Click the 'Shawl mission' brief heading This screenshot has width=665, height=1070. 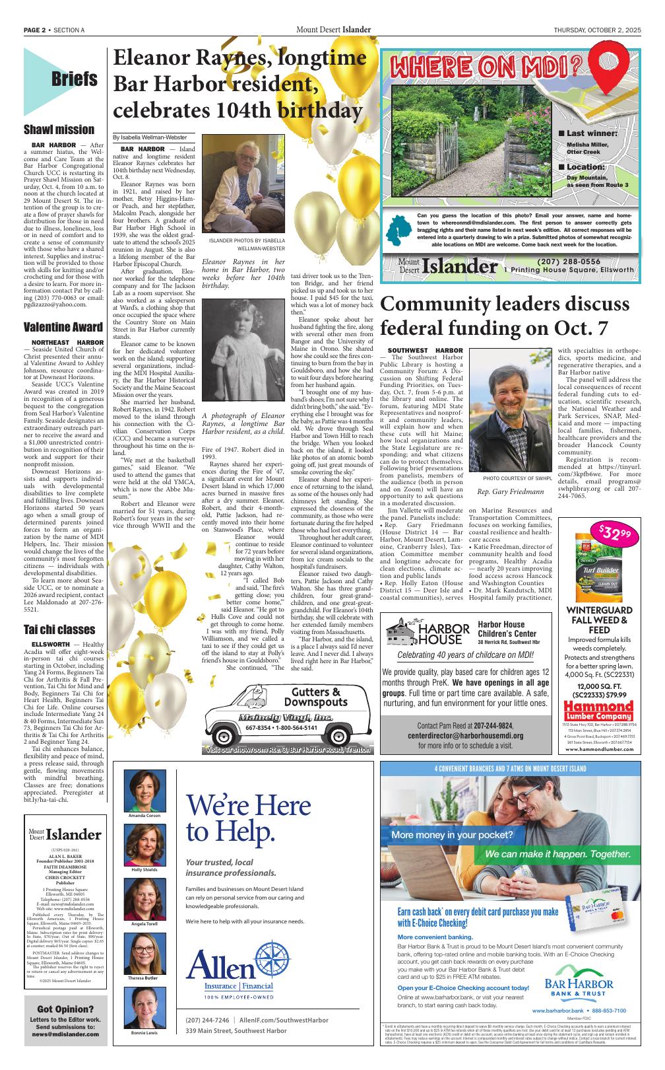[59, 129]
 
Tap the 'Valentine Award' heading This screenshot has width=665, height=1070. [63, 327]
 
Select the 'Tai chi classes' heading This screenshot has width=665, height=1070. [59, 629]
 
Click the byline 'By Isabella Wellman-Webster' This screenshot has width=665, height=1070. [149, 137]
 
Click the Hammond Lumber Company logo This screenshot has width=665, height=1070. [598, 710]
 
